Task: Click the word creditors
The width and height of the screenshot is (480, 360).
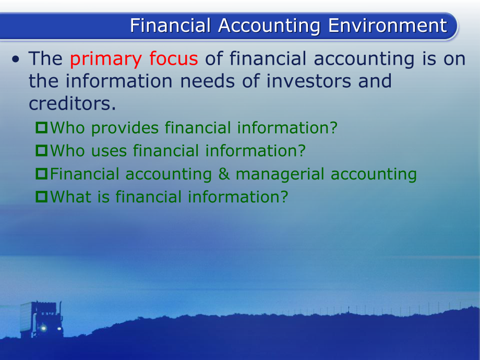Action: click(x=71, y=103)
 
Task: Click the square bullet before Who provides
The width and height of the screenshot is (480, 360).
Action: click(x=42, y=128)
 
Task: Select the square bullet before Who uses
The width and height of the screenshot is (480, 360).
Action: click(x=42, y=151)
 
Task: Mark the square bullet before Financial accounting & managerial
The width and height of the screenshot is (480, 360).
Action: click(x=42, y=174)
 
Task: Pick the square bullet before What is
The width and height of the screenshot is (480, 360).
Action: click(x=42, y=197)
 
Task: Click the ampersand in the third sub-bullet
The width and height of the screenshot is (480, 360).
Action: click(x=224, y=174)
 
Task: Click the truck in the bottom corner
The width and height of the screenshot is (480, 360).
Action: click(x=42, y=319)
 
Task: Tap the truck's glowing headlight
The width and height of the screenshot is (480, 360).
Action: click(x=43, y=328)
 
